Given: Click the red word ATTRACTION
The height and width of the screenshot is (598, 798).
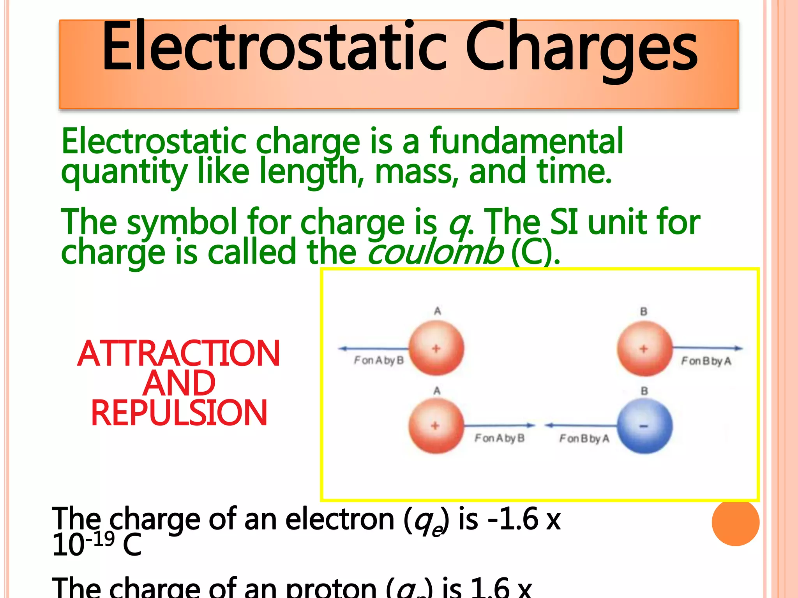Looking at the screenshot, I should (178, 354).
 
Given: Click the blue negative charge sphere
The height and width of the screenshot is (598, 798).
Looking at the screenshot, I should (645, 426).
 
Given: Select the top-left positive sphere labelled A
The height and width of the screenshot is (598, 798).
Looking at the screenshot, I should (436, 348).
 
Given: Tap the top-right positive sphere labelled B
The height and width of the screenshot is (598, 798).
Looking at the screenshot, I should (645, 348).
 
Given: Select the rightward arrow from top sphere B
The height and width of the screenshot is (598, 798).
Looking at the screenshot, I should (708, 348).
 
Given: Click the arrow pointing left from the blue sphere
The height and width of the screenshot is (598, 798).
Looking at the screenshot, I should (581, 426).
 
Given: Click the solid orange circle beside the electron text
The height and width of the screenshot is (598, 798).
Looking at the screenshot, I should (735, 522).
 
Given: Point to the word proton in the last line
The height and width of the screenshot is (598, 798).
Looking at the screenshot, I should (331, 588).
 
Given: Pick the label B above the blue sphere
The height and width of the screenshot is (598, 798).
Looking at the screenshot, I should (644, 391).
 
